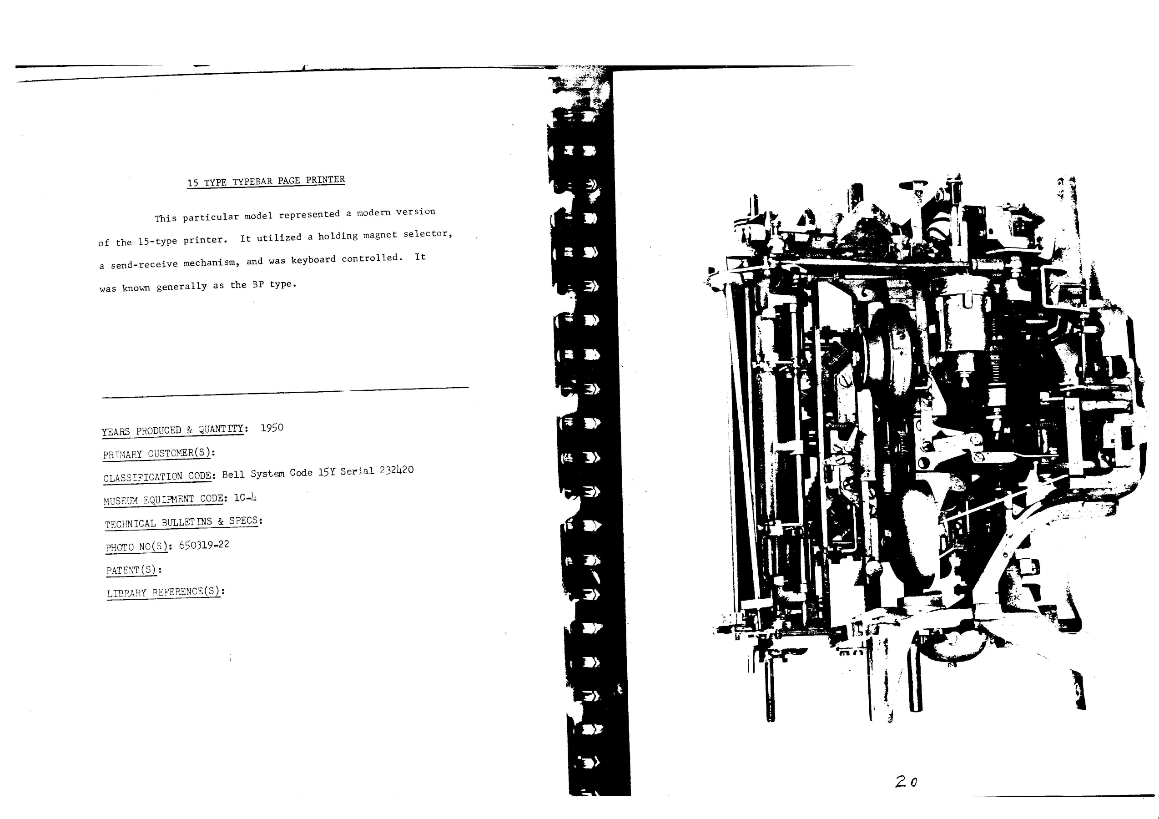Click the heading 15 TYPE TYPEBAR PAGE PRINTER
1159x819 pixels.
pos(266,181)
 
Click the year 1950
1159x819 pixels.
pos(272,428)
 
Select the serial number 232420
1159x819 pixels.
pos(397,470)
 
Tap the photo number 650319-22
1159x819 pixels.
pos(204,545)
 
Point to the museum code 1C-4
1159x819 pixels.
pos(245,497)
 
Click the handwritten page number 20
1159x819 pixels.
pos(907,782)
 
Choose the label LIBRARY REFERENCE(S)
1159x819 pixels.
pos(164,592)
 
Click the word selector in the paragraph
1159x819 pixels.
pos(427,234)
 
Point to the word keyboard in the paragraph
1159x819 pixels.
pos(313,259)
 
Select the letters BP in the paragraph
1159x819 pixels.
pos(258,284)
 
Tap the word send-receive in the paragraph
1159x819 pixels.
pos(144,264)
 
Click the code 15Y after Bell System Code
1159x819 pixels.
pos(327,473)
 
